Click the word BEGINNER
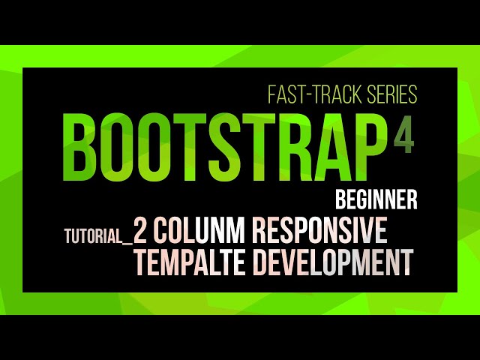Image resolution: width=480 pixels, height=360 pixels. [376, 201]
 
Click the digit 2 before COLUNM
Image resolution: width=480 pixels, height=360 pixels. [140, 231]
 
